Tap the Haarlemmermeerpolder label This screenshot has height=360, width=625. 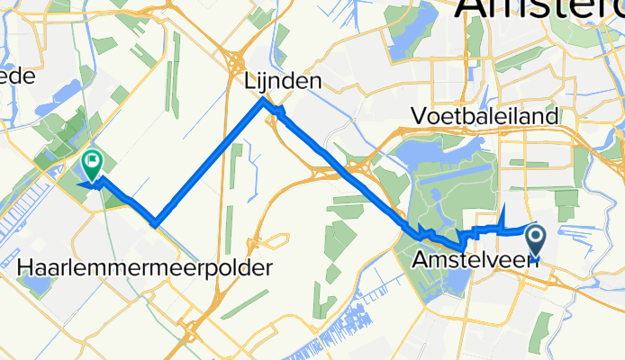[x=145, y=267]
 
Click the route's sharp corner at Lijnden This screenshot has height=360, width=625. [x=263, y=100]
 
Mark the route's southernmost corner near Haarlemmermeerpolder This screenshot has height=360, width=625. [x=156, y=224]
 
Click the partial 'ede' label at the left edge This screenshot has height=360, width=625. [x=17, y=76]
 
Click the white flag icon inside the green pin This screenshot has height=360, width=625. [x=91, y=162]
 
